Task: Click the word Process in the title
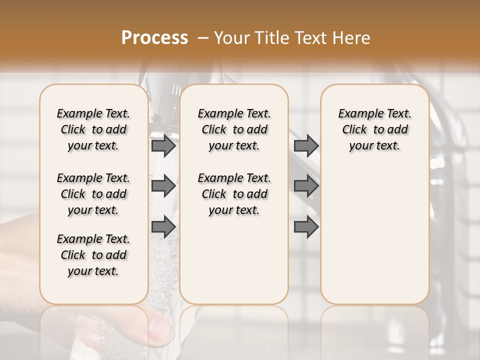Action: [x=154, y=38]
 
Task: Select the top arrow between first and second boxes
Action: [x=163, y=146]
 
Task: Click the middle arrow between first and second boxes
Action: [x=163, y=186]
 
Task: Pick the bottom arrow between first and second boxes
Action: [x=163, y=227]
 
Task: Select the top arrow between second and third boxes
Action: [x=306, y=146]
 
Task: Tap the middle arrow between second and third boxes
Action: [x=306, y=186]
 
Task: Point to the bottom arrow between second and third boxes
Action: [x=306, y=227]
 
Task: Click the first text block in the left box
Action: [x=93, y=129]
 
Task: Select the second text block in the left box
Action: [x=93, y=194]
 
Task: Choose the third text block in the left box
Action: [x=93, y=255]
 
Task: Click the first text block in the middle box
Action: [x=234, y=129]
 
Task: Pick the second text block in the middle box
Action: [x=234, y=194]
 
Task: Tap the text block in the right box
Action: [x=375, y=129]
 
